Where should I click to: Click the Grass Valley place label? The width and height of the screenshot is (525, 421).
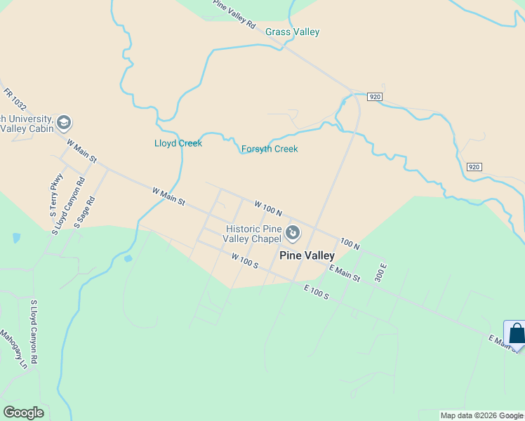click(292, 32)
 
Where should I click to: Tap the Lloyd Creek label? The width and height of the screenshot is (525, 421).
click(178, 144)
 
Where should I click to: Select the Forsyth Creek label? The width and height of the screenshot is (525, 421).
click(270, 149)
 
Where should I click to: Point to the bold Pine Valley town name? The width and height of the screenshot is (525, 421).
click(307, 256)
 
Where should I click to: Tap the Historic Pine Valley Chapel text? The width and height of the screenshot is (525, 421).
click(253, 234)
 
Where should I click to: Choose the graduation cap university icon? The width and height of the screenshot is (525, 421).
click(64, 123)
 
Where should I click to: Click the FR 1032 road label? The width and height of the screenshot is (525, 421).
click(14, 99)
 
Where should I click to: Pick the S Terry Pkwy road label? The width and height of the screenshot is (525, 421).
click(56, 203)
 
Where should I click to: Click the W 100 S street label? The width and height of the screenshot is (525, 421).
click(245, 260)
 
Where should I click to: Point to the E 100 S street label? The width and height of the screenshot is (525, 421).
click(317, 292)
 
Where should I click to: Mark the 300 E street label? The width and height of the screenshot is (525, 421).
click(381, 272)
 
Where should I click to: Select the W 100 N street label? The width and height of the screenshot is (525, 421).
click(267, 208)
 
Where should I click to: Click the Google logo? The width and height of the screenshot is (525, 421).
click(23, 413)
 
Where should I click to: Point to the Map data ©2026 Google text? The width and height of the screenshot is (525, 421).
click(481, 415)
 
